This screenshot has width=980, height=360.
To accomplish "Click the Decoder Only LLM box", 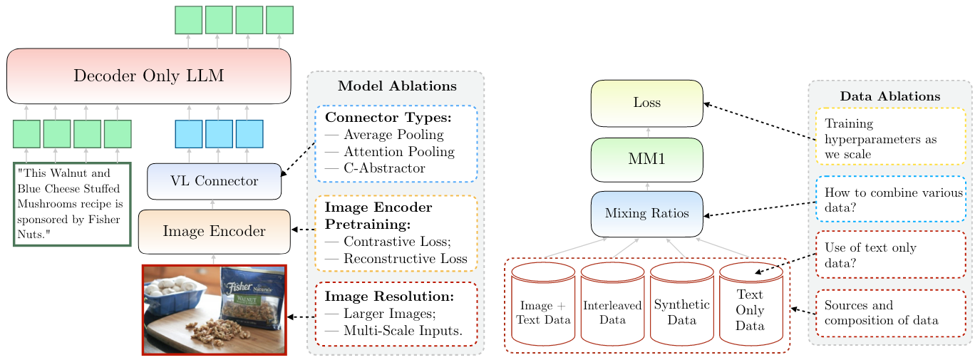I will pyautogui.click(x=149, y=76).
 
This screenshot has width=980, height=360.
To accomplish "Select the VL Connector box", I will pyautogui.click(x=214, y=181).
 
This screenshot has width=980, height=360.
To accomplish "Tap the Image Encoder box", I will pyautogui.click(x=214, y=232).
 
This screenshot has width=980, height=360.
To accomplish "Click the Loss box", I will pyautogui.click(x=646, y=103).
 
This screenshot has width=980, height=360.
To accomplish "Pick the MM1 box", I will pyautogui.click(x=646, y=160).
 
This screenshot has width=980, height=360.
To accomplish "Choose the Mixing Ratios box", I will pyautogui.click(x=646, y=213).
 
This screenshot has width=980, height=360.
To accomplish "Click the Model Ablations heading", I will pyautogui.click(x=397, y=86).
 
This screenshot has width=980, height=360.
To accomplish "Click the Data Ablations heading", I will pyautogui.click(x=889, y=96).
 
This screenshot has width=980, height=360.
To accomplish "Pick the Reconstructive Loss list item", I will pyautogui.click(x=404, y=259).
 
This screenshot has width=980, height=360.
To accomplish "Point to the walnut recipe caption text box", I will pyautogui.click(x=72, y=204).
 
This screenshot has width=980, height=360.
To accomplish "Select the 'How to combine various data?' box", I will pyautogui.click(x=890, y=199).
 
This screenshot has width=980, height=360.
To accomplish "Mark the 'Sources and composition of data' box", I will pyautogui.click(x=890, y=313).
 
